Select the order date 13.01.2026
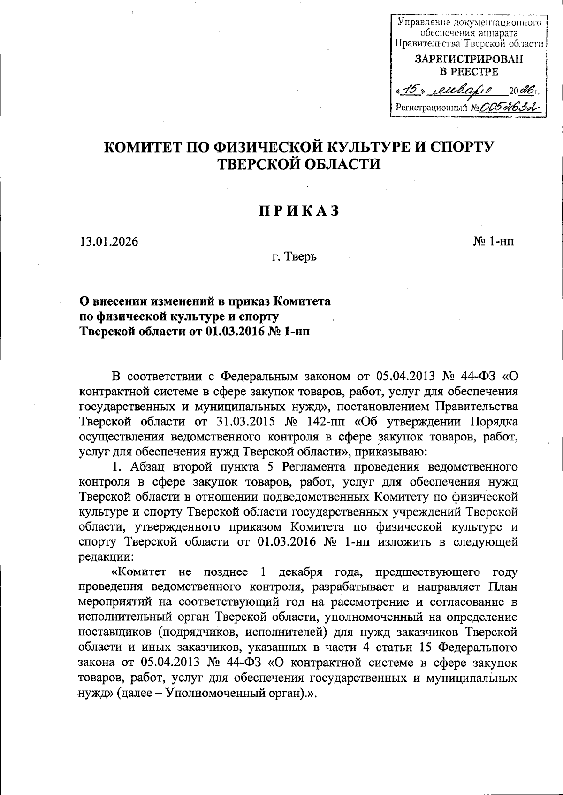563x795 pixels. [109, 242]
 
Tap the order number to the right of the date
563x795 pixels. [494, 242]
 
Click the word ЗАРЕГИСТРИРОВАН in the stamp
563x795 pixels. [469, 60]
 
